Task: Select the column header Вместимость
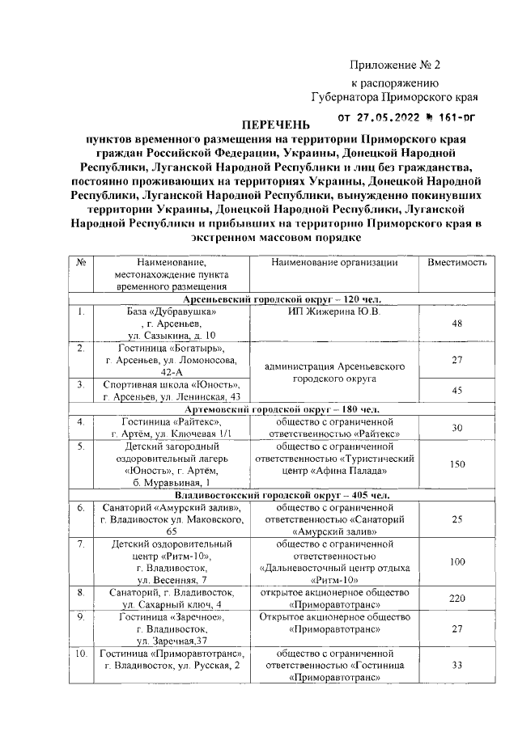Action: (x=456, y=263)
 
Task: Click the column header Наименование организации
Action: (x=334, y=263)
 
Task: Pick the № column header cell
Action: (x=82, y=263)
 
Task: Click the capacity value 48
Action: (x=456, y=324)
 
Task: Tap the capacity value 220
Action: (x=456, y=599)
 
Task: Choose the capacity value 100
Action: (x=456, y=561)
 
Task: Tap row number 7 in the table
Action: (x=82, y=544)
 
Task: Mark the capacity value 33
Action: (x=456, y=666)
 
